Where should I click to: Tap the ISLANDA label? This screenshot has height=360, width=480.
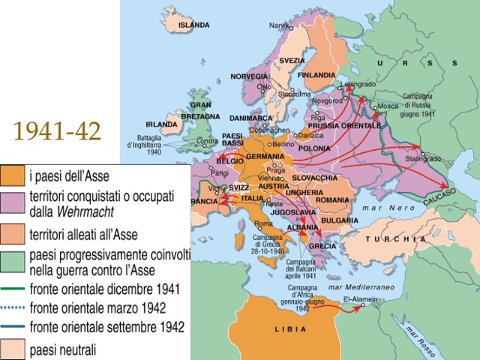193,25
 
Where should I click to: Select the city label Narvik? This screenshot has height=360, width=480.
279,26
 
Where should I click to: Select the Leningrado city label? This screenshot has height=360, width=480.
358,84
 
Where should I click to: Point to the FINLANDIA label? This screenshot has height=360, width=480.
316,75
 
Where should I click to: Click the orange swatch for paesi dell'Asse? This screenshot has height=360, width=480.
12,175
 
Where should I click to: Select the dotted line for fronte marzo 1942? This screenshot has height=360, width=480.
12,308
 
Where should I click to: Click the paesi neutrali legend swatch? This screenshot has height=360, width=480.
12,349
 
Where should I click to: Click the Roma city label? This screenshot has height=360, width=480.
263,223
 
